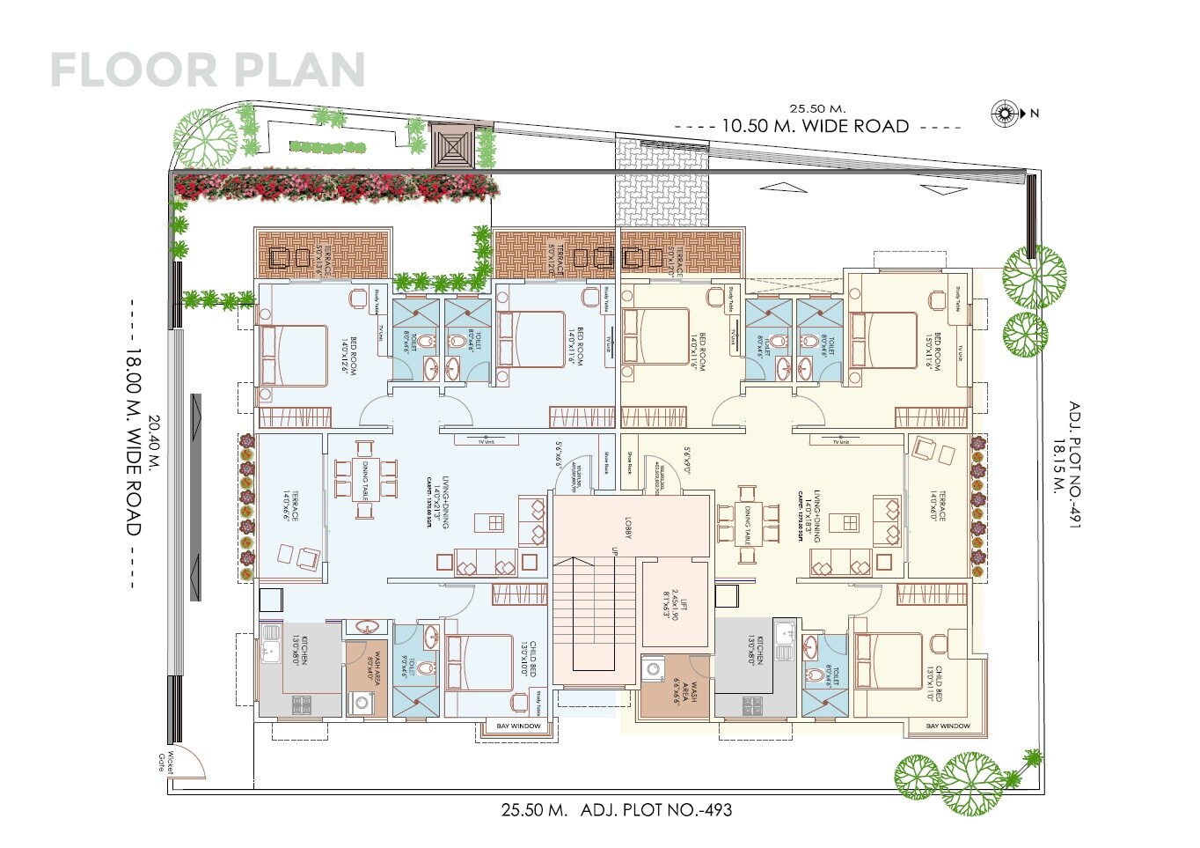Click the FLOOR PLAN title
tap(208, 70)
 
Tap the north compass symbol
tap(1004, 113)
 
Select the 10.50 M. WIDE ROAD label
tap(816, 126)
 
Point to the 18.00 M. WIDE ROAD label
tap(133, 442)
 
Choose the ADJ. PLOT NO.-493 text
tap(656, 809)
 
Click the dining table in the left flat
tap(362, 480)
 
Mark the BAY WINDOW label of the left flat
tap(519, 726)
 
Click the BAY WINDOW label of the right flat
tap(948, 726)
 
